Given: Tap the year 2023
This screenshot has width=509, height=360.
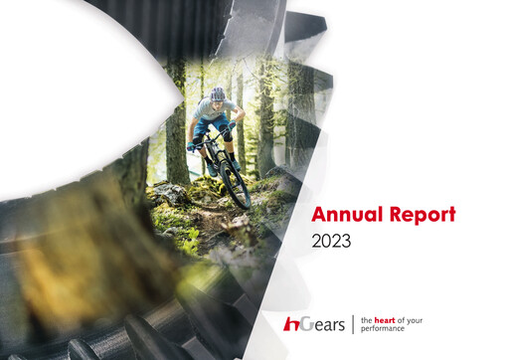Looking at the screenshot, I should point(331,241).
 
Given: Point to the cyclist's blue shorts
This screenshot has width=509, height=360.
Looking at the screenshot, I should point(207,127).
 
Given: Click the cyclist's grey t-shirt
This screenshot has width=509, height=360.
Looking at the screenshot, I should point(213,110).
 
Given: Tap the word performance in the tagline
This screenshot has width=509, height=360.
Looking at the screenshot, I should point(384,328).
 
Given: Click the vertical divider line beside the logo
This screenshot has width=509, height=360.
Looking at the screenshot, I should point(351,323).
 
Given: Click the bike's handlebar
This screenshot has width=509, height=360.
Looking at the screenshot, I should point(212,139).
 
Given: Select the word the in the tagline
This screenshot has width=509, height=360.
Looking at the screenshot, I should point(367,317).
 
